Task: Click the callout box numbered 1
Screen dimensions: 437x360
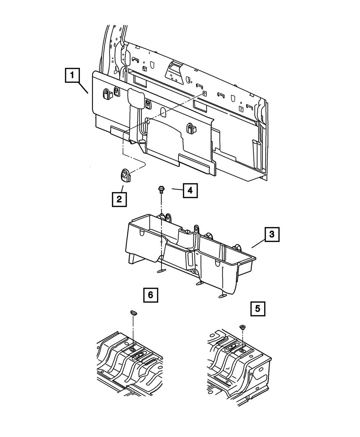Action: (x=73, y=76)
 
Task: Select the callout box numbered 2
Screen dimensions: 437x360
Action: (x=119, y=198)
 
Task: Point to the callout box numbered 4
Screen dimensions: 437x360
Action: (x=190, y=190)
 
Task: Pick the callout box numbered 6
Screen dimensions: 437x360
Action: (x=150, y=295)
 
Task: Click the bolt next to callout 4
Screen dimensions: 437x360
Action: (x=161, y=190)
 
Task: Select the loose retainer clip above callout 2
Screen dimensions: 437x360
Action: (x=124, y=174)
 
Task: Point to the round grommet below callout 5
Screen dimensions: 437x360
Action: (x=242, y=327)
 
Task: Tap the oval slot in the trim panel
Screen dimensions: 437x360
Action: (x=162, y=112)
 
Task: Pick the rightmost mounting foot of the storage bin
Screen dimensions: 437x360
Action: (x=222, y=296)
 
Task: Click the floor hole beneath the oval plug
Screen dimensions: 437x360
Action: (x=133, y=350)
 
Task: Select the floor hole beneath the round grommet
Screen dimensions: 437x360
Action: (x=242, y=350)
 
